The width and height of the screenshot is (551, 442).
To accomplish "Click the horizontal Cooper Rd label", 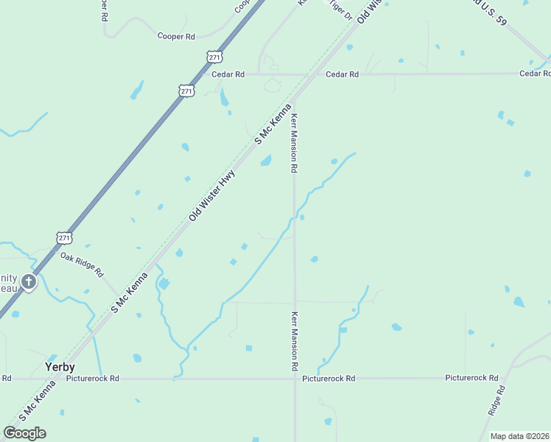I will pos(176,35).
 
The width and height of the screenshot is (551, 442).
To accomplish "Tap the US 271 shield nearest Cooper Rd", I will pos(214,57).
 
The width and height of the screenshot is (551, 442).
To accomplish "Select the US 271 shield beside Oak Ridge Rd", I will pos(64,237).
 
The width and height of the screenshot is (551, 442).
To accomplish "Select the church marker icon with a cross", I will pos(28,281).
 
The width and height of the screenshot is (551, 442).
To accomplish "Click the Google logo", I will pos(24,433).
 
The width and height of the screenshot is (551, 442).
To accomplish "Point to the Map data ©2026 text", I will pos(520,436).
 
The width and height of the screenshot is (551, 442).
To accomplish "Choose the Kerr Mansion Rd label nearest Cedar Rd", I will pos(294,143).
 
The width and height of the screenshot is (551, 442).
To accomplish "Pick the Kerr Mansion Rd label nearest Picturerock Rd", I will pos(294,341).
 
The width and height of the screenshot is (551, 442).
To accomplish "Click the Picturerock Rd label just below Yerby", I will pos(92,379).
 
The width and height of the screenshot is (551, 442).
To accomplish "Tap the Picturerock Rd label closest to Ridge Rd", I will pos(472,378).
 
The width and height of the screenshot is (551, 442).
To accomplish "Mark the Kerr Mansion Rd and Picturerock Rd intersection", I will pos(295,379).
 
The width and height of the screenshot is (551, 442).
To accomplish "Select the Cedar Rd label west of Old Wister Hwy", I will pos(228,74).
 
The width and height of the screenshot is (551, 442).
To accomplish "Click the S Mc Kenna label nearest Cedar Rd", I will pos(273,124).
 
